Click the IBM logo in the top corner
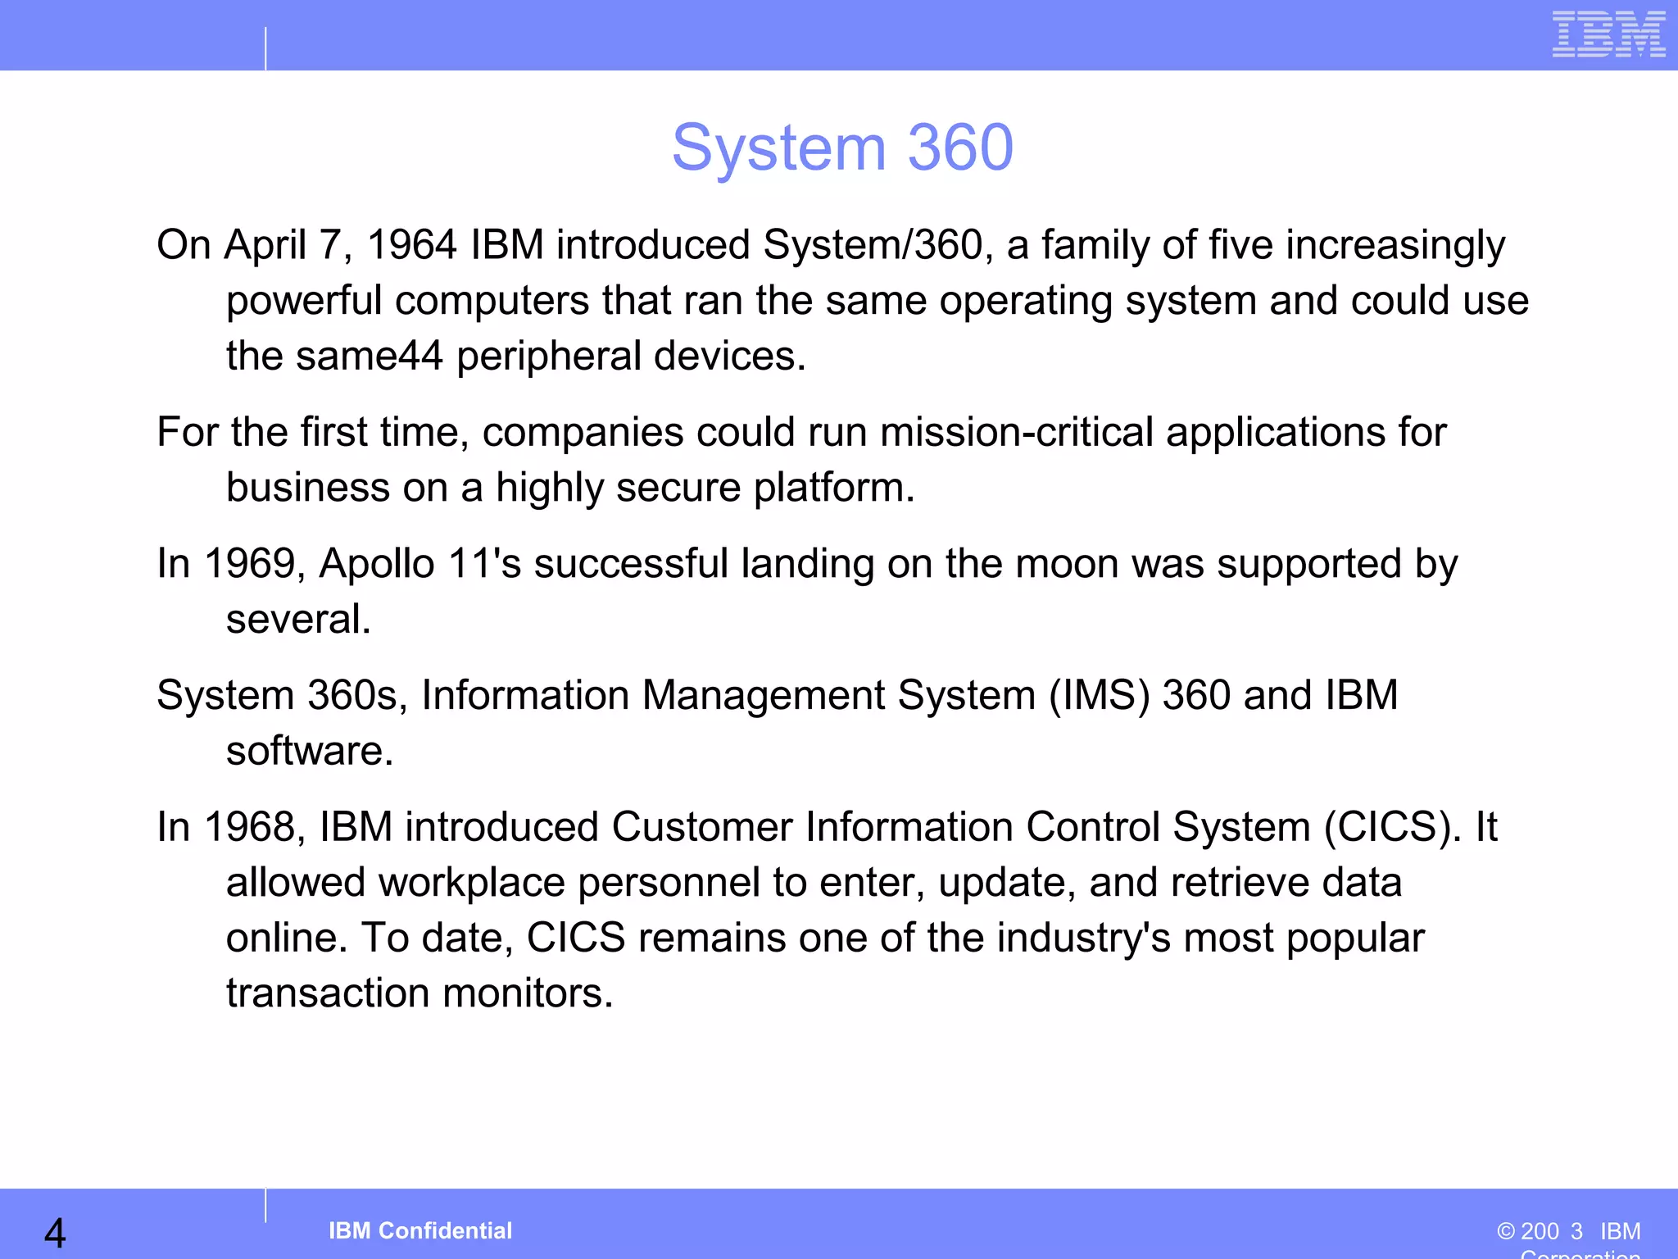point(1608,34)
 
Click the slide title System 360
point(842,148)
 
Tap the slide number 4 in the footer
point(55,1233)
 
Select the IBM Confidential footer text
point(420,1230)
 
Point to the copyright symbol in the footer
point(1505,1231)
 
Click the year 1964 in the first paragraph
point(411,245)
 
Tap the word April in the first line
point(265,245)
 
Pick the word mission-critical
point(1017,432)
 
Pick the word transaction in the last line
point(328,993)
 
